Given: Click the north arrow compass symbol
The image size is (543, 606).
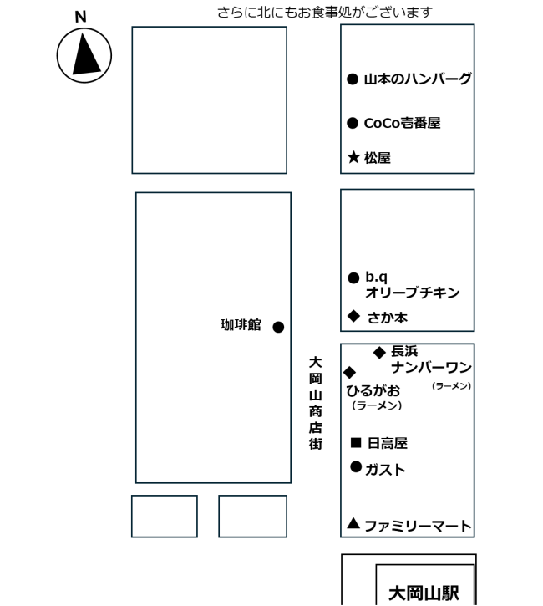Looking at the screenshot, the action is tap(84, 55).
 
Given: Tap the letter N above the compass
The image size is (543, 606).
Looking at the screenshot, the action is tap(80, 17).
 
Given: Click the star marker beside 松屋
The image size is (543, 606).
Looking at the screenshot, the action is tap(353, 157).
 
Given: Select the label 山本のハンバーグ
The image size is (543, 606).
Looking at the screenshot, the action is tap(418, 79).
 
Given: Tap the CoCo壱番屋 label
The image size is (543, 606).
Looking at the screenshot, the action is tap(402, 123).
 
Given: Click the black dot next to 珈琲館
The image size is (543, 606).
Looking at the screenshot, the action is tap(278, 327).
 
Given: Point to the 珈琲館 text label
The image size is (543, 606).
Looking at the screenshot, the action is tap(241, 324).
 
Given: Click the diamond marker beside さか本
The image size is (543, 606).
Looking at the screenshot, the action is tap(353, 316).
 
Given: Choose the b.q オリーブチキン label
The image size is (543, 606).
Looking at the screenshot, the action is tap(412, 285).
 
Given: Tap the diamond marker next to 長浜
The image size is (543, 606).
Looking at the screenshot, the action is tap(379, 352).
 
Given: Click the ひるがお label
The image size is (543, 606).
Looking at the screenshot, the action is tap(373, 390).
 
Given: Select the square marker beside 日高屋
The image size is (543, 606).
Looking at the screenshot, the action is tap(356, 442).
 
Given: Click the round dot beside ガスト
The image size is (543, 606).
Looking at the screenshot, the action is tap(356, 467).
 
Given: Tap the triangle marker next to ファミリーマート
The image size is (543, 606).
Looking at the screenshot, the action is tap(353, 523).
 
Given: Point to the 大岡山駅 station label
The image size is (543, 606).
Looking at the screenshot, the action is tap(424, 593).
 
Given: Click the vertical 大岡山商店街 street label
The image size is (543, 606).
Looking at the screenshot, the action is tap(316, 404).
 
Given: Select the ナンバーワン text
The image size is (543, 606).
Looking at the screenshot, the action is tap(431, 367).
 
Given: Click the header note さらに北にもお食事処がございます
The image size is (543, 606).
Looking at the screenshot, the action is tap(325, 13).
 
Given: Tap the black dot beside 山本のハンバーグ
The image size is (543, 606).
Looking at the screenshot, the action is tap(353, 79).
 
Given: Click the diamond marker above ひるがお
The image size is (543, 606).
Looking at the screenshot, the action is tap(349, 372).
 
